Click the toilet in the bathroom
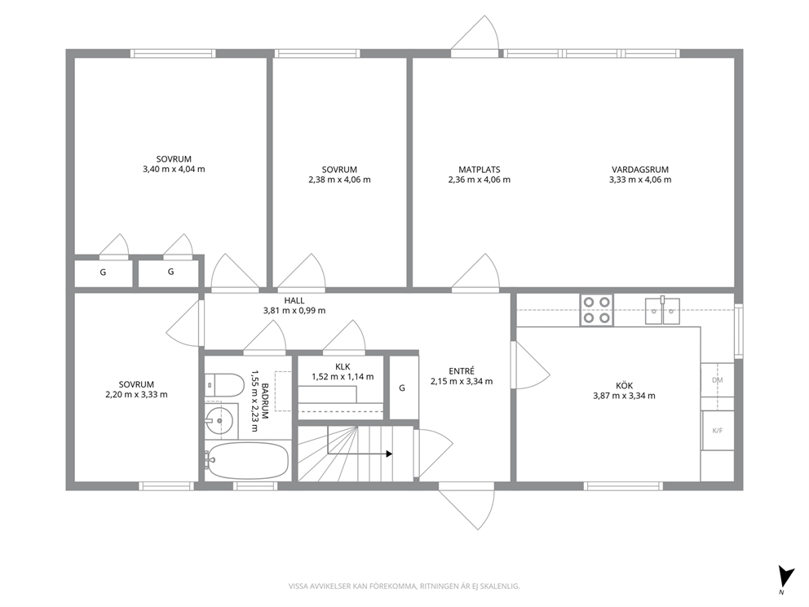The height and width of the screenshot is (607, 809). (224, 385)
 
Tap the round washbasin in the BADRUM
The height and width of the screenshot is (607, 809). (219, 421)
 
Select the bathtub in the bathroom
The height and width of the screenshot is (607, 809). (246, 460)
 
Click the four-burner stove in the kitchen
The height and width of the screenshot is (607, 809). (596, 310)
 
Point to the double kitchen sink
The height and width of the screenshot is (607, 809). (662, 310)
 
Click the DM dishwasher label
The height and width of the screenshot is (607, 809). (717, 380)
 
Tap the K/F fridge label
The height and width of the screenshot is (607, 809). (717, 431)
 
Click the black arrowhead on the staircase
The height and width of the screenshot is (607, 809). (390, 454)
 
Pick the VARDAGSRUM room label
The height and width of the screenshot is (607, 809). (640, 170)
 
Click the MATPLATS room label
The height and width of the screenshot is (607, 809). (480, 170)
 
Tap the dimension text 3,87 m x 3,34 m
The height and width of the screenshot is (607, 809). (625, 396)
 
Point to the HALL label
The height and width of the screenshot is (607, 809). (294, 300)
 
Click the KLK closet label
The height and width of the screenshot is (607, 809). (343, 367)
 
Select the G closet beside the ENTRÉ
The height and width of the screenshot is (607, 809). (403, 388)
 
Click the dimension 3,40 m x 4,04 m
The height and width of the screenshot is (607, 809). (174, 170)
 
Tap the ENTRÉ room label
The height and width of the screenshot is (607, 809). (462, 371)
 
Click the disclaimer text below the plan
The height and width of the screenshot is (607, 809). (404, 587)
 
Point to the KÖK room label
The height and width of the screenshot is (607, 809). (625, 386)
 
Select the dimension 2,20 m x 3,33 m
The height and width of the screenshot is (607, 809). (136, 395)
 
